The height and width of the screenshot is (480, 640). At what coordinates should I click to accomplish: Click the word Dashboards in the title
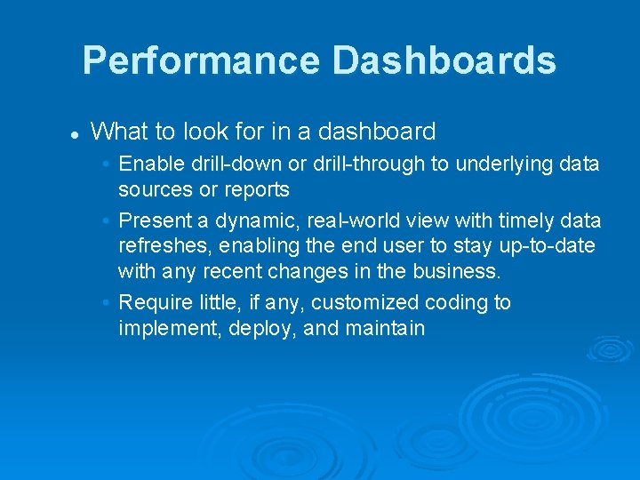[444, 61]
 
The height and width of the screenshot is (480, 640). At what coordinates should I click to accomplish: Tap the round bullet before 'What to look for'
[76, 134]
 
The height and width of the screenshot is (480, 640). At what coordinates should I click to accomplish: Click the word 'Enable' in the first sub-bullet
[149, 164]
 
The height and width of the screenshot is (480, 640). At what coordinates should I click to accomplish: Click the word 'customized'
[366, 303]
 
